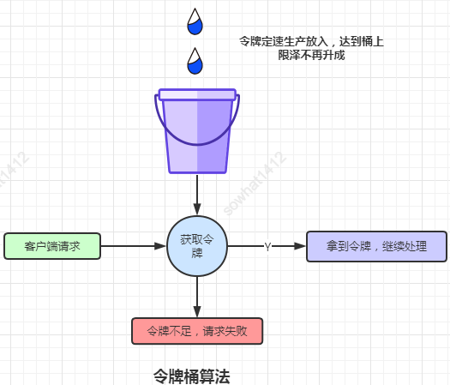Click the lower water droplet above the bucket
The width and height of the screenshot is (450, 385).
(195, 61)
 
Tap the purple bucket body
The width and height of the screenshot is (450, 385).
(197, 137)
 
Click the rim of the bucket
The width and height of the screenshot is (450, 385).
(197, 95)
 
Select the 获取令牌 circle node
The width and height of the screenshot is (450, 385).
(197, 245)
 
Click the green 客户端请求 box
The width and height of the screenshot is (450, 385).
(52, 246)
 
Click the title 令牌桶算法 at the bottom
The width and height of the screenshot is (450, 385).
(191, 376)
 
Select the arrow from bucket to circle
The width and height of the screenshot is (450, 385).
(197, 193)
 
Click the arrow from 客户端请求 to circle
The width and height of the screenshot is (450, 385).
(133, 246)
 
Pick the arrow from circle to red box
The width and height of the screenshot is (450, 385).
(197, 296)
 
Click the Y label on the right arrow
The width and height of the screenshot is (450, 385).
(267, 247)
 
